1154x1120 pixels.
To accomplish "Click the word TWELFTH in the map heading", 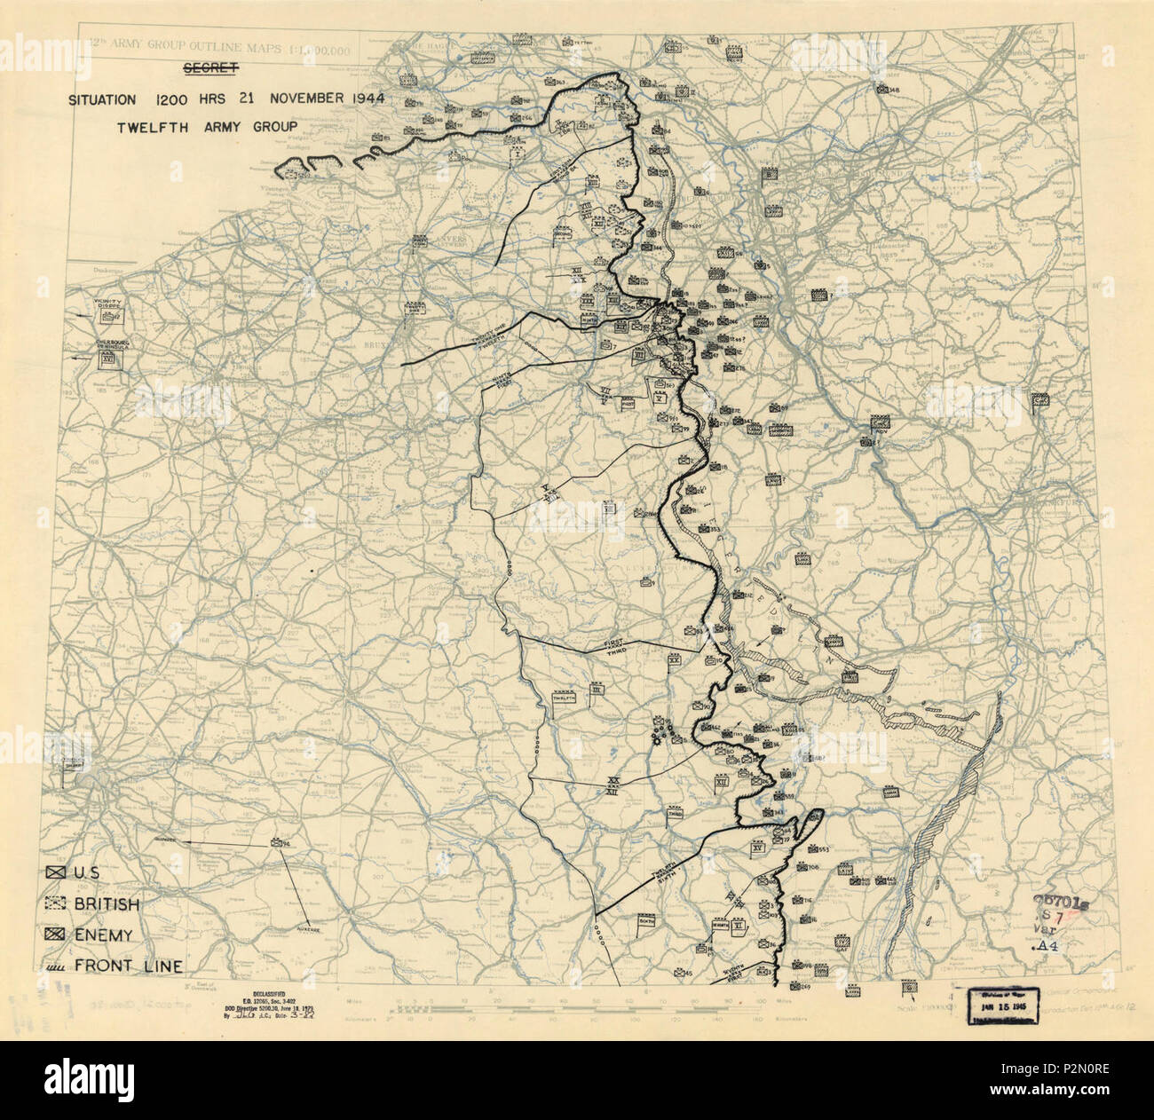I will click(148, 127).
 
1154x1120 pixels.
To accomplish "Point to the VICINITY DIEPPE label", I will click(110, 304).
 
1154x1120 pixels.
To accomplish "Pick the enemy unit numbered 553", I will click(816, 851).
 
